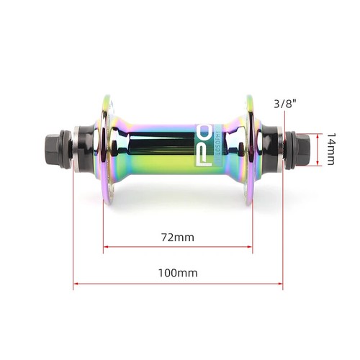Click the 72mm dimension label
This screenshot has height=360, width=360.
pos(178,236)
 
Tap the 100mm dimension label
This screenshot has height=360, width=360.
pos(178,272)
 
